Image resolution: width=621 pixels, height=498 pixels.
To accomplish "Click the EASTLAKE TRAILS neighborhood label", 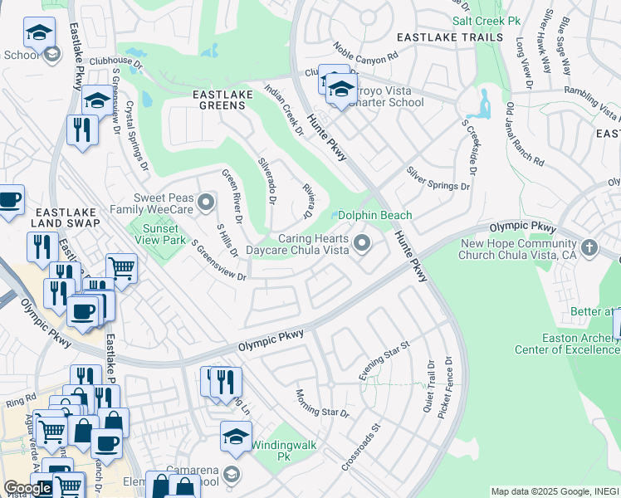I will click(x=449, y=37).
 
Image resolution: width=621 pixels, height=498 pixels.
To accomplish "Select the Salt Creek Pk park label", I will click(x=485, y=19).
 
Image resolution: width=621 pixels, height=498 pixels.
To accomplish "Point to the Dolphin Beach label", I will click(x=374, y=215).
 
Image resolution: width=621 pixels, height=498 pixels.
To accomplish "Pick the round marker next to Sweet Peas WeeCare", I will click(x=208, y=201).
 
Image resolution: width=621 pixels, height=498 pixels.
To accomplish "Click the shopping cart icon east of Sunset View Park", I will click(x=122, y=268).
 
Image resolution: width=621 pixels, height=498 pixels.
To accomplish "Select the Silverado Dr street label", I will click(x=266, y=180).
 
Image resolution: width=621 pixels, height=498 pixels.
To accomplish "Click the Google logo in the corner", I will click(x=28, y=488).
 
